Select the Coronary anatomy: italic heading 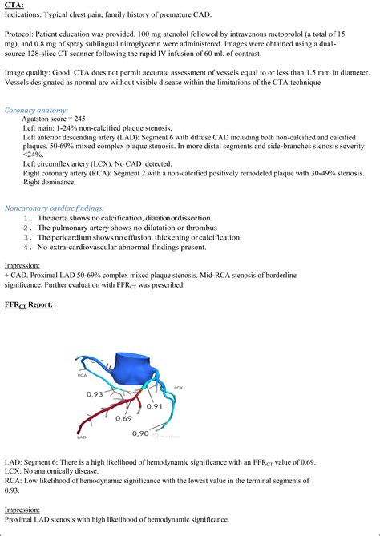(x=36, y=109)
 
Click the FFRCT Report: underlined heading (x=28, y=304)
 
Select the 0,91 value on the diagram (x=155, y=405)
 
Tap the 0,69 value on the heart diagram (x=123, y=417)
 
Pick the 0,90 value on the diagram (x=139, y=433)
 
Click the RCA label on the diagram (x=82, y=373)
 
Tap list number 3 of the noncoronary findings (x=28, y=237)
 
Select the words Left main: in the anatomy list (x=40, y=128)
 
